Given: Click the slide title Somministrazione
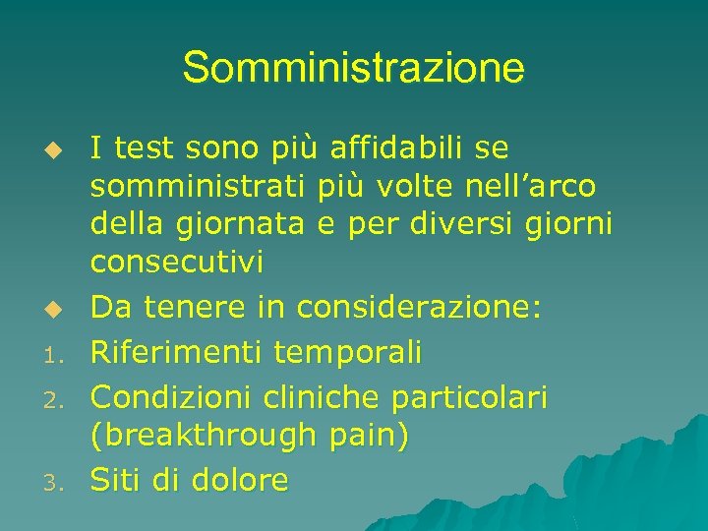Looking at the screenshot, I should (353, 69).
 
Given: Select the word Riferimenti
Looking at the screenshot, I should (177, 351).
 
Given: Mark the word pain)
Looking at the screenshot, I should (369, 437).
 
